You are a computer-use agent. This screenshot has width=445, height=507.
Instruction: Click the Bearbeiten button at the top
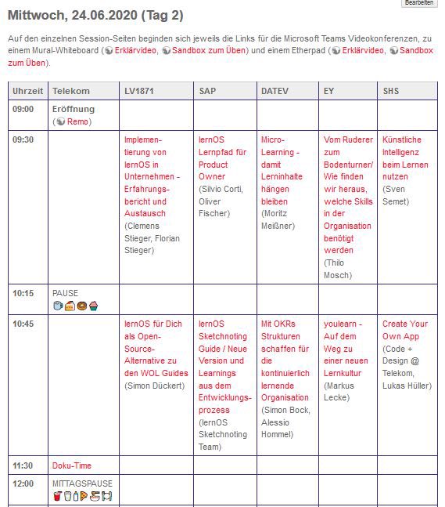418,3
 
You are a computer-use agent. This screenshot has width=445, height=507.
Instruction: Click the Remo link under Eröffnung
77,121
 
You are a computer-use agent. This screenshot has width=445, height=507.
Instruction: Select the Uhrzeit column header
28,91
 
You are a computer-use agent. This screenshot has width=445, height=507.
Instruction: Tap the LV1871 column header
139,91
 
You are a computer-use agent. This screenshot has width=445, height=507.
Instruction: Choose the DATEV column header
275,91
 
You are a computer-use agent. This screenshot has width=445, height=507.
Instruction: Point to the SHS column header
391,91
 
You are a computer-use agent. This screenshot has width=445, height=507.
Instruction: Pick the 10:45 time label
23,324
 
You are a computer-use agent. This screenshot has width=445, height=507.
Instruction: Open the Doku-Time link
72,465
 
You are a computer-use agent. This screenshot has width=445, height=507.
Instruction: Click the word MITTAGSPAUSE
82,483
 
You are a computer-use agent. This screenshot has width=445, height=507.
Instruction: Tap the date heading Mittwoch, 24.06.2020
106,15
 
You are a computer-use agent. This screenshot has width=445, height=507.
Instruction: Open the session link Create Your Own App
405,330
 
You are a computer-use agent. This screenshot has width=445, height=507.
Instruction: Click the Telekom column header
71,91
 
